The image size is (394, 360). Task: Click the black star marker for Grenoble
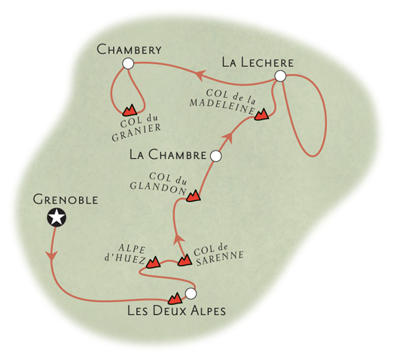[x=57, y=218]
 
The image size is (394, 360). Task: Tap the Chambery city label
[x=129, y=50]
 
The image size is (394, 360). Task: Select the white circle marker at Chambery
[x=128, y=63]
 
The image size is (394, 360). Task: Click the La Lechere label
[x=258, y=63]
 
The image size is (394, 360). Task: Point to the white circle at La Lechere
[x=280, y=76]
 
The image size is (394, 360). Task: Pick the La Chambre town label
[x=168, y=154]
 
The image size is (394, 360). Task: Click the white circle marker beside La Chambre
[x=215, y=156]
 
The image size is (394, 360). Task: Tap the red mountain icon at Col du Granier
[x=130, y=110]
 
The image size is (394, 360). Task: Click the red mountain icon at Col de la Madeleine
[x=261, y=114]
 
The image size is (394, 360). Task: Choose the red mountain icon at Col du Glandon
[x=193, y=196]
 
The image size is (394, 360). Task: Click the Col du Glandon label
[x=160, y=184]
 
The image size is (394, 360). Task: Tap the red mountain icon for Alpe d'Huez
[x=153, y=262]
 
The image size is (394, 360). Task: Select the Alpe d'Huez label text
[x=125, y=255]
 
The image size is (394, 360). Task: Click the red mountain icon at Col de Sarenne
[x=185, y=261]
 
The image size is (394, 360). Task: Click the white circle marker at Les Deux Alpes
[x=191, y=294]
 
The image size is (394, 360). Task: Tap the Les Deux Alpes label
[x=176, y=310]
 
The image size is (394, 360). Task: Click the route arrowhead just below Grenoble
[x=52, y=255]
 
